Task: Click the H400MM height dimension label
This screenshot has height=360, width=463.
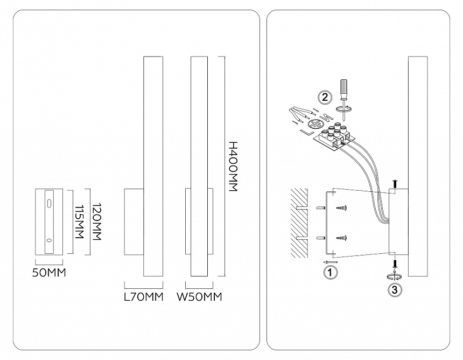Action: pyautogui.click(x=233, y=166)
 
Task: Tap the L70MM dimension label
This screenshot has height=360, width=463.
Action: pyautogui.click(x=144, y=296)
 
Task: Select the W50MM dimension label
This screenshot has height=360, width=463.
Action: pyautogui.click(x=199, y=296)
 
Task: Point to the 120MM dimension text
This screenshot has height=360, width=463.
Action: pyautogui.click(x=97, y=221)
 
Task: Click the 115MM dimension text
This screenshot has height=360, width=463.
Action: pyautogui.click(x=80, y=222)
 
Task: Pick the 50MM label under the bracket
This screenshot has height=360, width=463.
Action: pyautogui.click(x=48, y=273)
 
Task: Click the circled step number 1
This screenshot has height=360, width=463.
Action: pyautogui.click(x=331, y=273)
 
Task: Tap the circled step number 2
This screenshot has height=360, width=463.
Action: pyautogui.click(x=325, y=97)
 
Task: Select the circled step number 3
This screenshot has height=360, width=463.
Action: pyautogui.click(x=395, y=289)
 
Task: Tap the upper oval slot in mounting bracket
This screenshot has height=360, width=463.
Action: pyautogui.click(x=50, y=204)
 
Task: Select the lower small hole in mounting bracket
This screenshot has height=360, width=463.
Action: pyautogui.click(x=50, y=240)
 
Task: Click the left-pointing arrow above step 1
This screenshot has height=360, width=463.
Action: pyautogui.click(x=330, y=262)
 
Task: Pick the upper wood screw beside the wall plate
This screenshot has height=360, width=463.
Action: pyautogui.click(x=341, y=208)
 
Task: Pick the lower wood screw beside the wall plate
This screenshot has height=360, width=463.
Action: pyautogui.click(x=341, y=237)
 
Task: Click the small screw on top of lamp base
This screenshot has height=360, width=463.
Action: pyautogui.click(x=395, y=184)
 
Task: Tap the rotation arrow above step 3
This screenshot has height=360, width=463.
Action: pyautogui.click(x=395, y=276)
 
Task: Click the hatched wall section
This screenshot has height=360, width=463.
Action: pyautogui.click(x=299, y=223)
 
